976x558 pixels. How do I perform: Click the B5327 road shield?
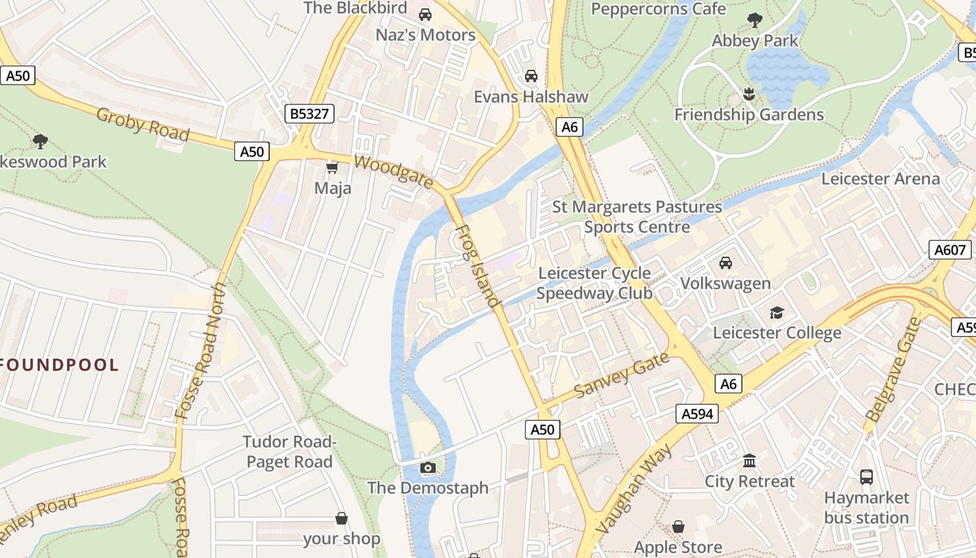(310, 114)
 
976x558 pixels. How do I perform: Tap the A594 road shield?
(697, 414)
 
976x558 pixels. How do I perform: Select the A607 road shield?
(950, 250)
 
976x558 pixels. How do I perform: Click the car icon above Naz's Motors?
(425, 14)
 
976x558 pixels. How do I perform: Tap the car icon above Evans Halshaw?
(531, 75)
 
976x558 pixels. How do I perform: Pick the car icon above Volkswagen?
(726, 262)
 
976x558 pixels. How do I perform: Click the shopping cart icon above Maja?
(333, 167)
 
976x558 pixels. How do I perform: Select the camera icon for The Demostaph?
(428, 467)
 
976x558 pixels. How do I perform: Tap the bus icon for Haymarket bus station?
(867, 477)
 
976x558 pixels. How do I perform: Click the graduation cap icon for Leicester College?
(777, 312)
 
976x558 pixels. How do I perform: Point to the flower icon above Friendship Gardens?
(749, 93)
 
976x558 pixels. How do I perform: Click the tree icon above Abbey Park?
(754, 20)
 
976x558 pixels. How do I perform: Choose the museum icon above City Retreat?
(749, 460)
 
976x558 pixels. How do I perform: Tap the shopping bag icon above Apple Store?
(678, 527)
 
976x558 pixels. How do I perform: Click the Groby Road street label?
(143, 125)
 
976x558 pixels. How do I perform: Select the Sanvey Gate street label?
(621, 375)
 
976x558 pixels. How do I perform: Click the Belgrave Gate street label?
(893, 368)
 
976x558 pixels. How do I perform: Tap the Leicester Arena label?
(880, 179)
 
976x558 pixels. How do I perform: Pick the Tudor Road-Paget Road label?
(289, 451)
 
